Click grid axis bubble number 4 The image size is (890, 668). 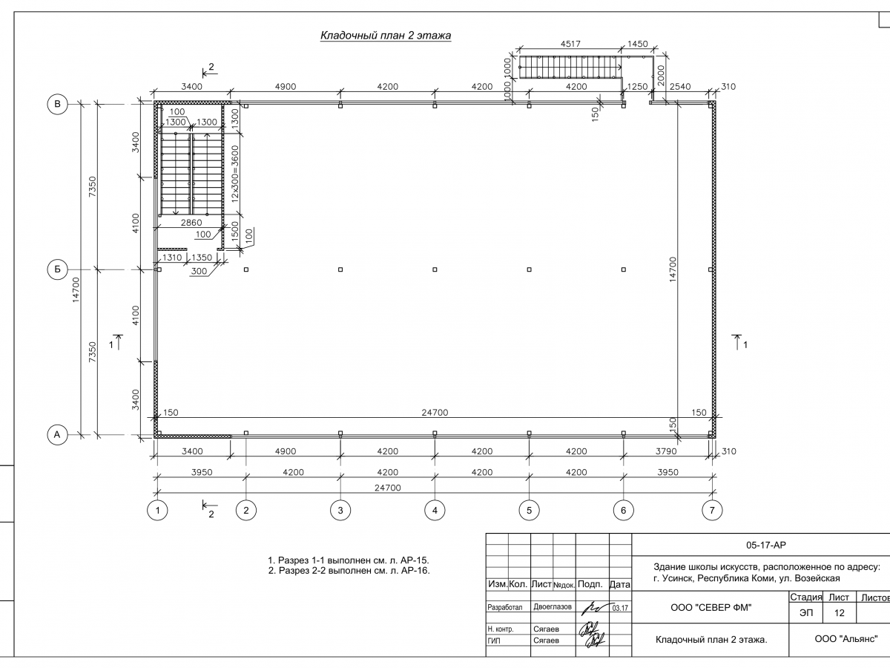click(435, 511)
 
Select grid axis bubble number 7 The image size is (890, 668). click(712, 511)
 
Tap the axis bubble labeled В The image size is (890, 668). click(57, 105)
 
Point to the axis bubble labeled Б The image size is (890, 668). click(57, 269)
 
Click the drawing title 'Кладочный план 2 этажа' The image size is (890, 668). click(385, 36)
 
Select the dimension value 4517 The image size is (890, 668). click(570, 45)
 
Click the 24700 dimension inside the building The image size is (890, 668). click(435, 413)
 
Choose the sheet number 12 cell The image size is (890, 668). click(840, 614)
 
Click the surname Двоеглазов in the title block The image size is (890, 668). click(553, 607)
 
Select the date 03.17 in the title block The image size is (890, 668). click(621, 608)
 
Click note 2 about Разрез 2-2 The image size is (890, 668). click(349, 571)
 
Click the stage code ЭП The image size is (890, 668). click(805, 614)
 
